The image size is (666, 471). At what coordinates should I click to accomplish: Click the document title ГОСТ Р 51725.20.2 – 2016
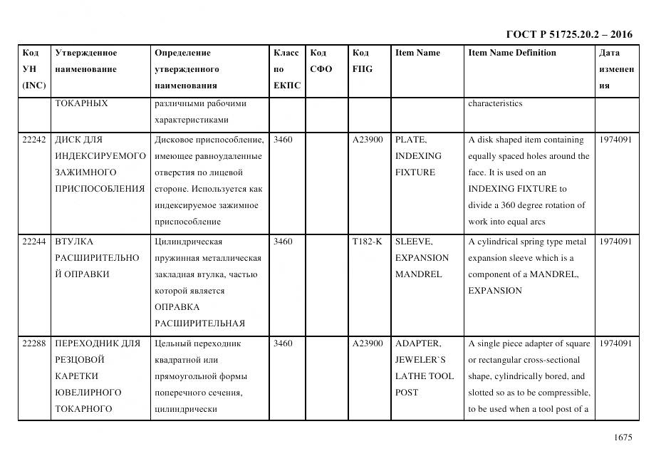coord(568,34)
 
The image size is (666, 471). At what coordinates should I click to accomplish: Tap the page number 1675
coord(622,438)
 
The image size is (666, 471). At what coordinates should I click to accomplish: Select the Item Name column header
coord(417,53)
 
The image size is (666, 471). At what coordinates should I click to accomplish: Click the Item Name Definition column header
coord(511,53)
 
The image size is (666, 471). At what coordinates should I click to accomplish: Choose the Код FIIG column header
coord(362,61)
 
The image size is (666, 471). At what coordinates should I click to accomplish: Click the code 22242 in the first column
coord(33,140)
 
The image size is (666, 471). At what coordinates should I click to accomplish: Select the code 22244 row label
coord(33,242)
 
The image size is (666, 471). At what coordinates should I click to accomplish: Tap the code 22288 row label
coord(33,343)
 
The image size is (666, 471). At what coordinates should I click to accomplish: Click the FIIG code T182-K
coord(367,242)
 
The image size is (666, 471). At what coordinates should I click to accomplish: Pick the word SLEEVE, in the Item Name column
coord(413,242)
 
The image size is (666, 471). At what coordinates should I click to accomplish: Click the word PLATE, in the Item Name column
coord(411,140)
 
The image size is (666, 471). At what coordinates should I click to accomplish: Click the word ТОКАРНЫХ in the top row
coord(81,103)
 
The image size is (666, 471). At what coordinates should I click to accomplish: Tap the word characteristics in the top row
coord(495,103)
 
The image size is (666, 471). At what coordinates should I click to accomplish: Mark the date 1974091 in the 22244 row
coord(615,242)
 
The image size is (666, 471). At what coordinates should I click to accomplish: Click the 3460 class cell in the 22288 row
coord(283,343)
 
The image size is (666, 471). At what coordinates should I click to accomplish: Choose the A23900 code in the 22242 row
coord(368,140)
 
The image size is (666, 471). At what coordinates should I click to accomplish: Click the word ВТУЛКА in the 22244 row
coord(74,242)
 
